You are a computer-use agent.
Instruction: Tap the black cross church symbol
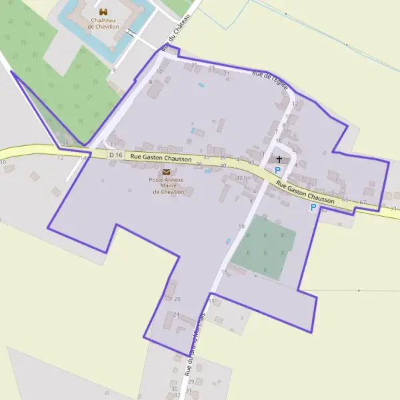(x=279, y=159)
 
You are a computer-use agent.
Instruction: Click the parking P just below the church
(x=277, y=171)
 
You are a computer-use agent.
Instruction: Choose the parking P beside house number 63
(x=313, y=207)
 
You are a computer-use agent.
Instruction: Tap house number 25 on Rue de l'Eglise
(x=195, y=65)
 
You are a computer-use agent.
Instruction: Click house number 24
(x=176, y=315)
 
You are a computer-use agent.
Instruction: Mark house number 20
(x=177, y=299)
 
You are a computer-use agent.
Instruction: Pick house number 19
(x=213, y=301)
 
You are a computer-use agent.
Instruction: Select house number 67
(x=363, y=202)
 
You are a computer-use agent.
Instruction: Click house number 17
(x=113, y=145)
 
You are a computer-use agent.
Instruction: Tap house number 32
(x=177, y=395)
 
